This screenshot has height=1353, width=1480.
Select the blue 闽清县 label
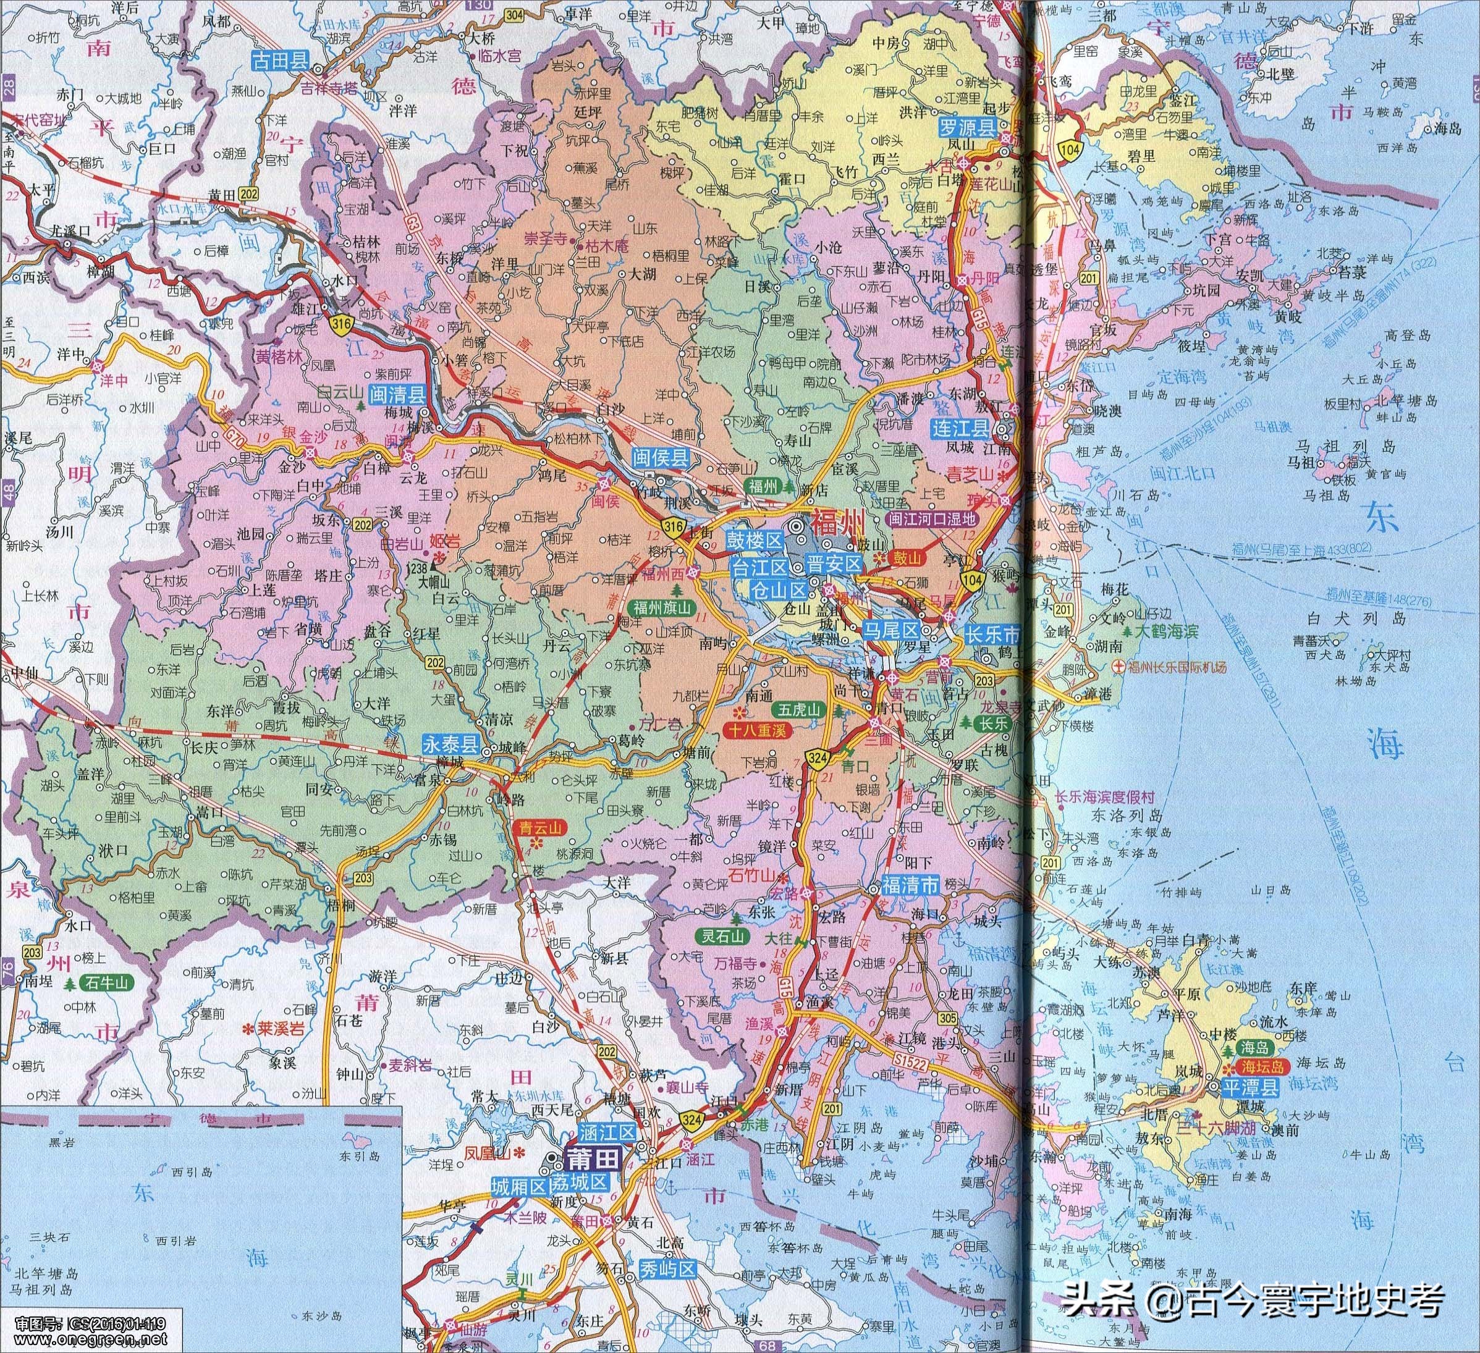(397, 395)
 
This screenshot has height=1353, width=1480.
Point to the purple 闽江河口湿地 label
(932, 519)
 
